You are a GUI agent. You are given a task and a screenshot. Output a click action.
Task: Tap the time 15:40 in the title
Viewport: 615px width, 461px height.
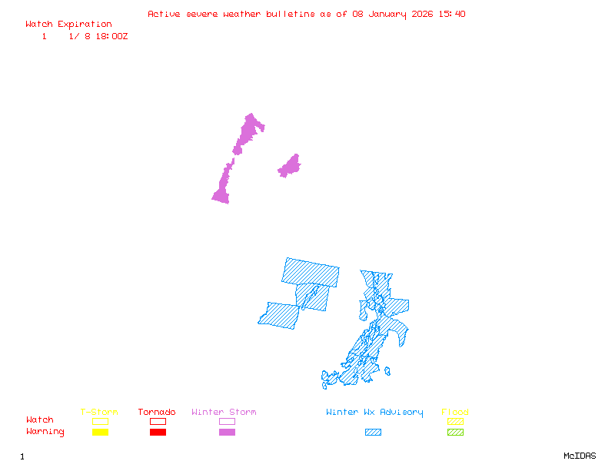coord(452,14)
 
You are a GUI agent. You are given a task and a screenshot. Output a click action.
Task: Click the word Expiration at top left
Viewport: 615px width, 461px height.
coord(85,25)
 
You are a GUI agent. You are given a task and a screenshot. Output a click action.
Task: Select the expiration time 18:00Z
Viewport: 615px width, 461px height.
coord(111,36)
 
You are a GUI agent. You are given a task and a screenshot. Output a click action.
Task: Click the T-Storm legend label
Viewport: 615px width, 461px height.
coord(99,413)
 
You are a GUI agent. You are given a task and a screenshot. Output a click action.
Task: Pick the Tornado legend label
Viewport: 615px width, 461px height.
coord(157,413)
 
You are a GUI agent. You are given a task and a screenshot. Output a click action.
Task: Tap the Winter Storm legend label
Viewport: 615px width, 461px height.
coord(224,413)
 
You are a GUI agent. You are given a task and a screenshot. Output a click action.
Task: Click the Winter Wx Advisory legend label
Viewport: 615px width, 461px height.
coord(374,413)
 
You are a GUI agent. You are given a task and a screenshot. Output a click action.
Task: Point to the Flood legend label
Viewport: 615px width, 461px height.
coord(455,413)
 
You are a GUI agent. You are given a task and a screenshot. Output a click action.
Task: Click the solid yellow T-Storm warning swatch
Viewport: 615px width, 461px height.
coord(100,432)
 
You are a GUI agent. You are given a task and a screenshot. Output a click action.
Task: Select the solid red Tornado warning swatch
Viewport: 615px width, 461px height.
coord(158,432)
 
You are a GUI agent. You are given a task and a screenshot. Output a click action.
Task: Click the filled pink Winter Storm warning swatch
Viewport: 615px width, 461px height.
coord(227,432)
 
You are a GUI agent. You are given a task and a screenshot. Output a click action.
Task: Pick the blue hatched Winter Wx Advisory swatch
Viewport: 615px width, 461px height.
coord(373,432)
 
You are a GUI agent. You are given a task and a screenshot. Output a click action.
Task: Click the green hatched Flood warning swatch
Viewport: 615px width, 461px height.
coord(455,432)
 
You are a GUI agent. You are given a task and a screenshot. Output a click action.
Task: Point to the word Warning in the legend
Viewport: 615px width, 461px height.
coord(45,432)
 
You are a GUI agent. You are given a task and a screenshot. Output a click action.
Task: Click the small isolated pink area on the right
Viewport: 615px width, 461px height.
coord(290,166)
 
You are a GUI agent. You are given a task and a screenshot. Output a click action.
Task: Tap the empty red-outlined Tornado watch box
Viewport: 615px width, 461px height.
coord(158,421)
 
